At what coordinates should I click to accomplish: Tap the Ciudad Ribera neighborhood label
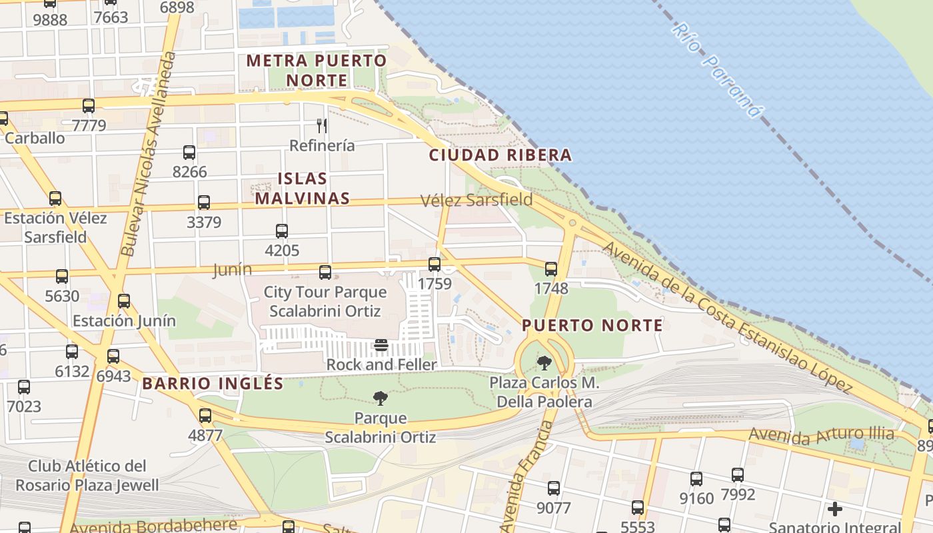(x=500, y=155)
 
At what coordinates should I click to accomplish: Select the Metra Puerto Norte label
(x=317, y=70)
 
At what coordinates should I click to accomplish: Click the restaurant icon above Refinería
(x=322, y=125)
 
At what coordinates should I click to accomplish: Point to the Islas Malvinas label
(x=303, y=189)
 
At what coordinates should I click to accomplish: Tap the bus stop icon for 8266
(x=189, y=153)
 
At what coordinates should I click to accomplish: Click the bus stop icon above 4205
(x=282, y=231)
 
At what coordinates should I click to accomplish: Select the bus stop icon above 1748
(x=551, y=269)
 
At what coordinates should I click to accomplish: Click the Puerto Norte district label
(x=592, y=325)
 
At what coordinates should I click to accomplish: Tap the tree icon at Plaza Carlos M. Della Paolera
(x=544, y=363)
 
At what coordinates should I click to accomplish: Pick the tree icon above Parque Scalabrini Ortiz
(x=381, y=398)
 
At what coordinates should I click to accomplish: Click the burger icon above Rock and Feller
(x=381, y=345)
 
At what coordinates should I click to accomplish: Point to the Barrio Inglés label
(x=213, y=384)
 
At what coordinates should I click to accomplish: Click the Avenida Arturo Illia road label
(x=821, y=435)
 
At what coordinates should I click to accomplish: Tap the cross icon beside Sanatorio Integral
(x=834, y=509)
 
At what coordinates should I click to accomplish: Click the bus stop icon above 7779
(x=89, y=105)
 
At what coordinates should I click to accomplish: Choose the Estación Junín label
(x=124, y=320)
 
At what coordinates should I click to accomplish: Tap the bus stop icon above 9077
(x=554, y=488)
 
